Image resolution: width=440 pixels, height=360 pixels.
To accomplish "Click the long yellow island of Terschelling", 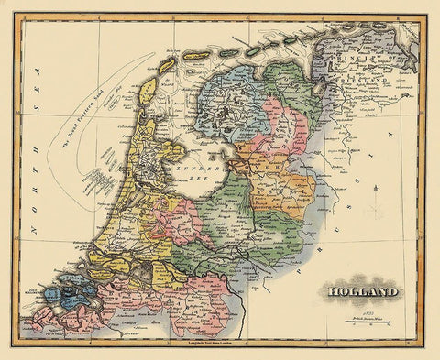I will (x=196, y=57).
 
